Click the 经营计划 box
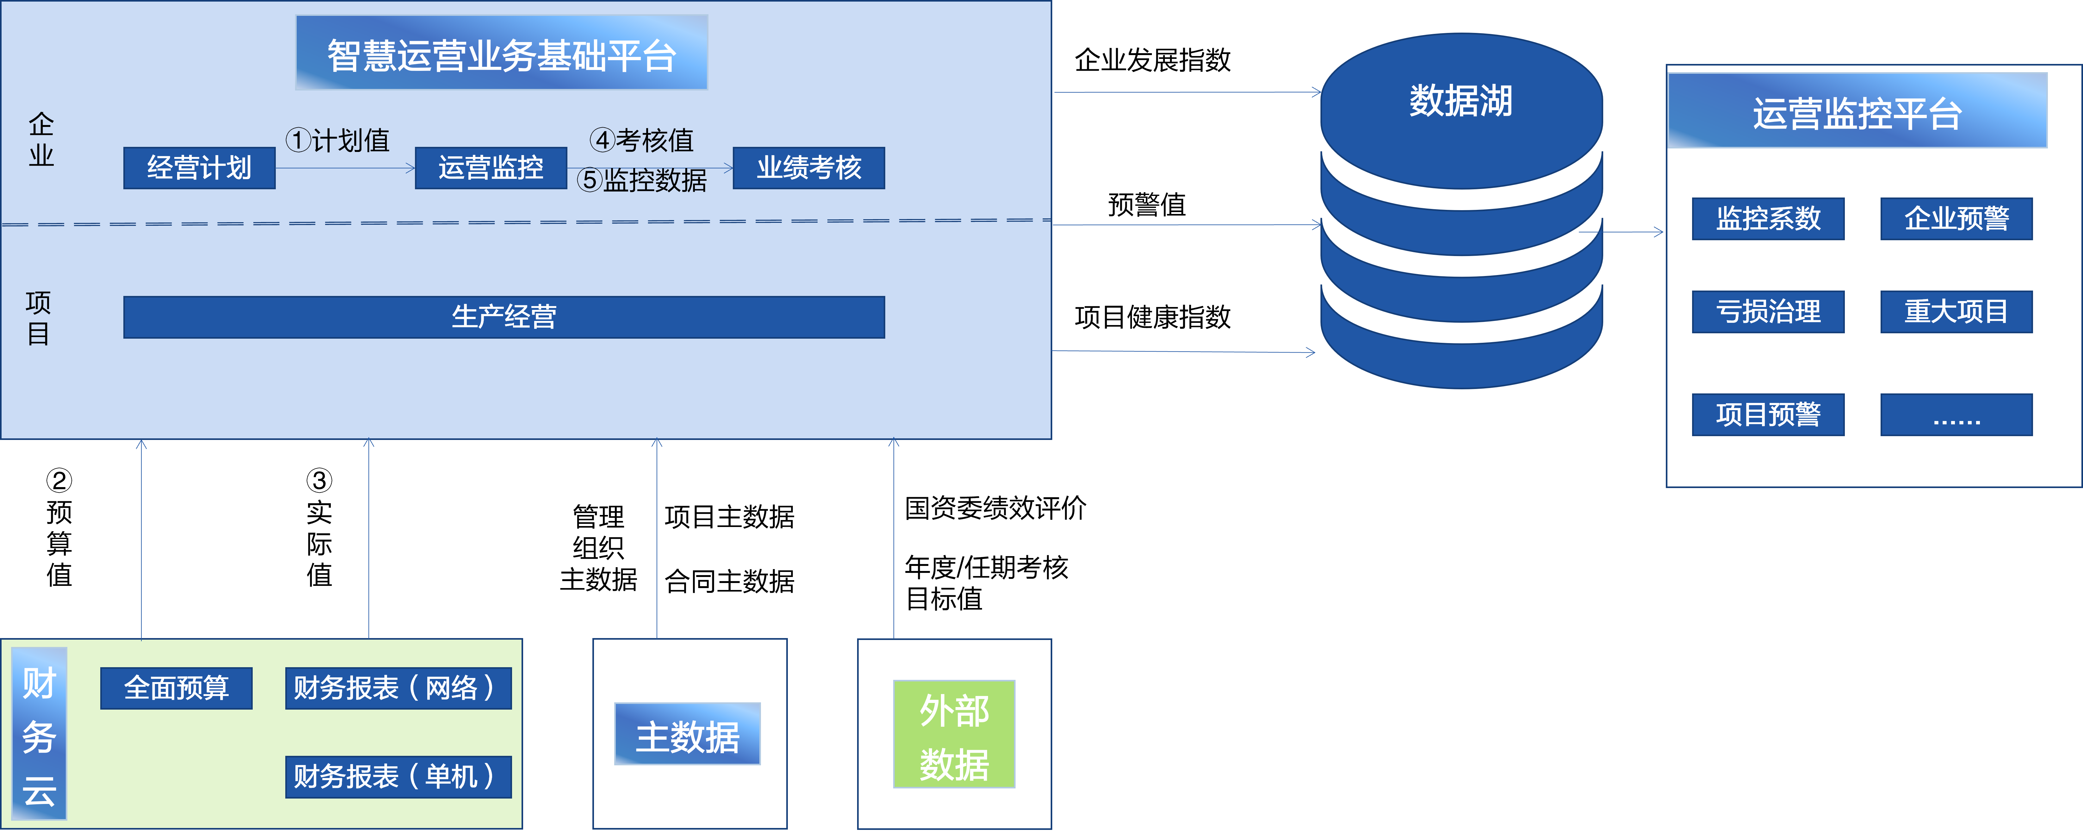coord(199,168)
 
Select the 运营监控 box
coord(491,168)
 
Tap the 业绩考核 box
coord(809,168)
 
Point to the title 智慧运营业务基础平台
coord(501,53)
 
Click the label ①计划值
coord(338,141)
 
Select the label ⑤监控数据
coord(642,180)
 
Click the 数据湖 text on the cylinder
coord(1460,101)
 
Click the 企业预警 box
coord(1956,218)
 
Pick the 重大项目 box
coord(1956,311)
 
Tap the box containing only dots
coord(1956,414)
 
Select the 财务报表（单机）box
coord(398,777)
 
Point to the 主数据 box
coord(687,735)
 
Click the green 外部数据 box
coord(954,735)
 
